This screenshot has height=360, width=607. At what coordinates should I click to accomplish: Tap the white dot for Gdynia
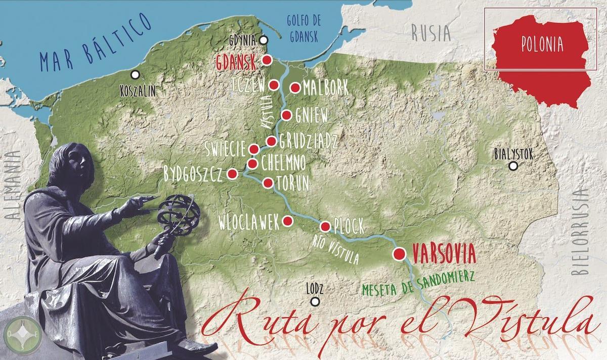point(263,40)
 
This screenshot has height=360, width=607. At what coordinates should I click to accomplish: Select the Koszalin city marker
point(135,75)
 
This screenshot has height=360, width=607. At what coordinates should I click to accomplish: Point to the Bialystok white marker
point(513,166)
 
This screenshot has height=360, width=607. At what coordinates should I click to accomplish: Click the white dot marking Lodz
point(315,302)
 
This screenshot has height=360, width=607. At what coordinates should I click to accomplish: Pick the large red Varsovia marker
point(400,253)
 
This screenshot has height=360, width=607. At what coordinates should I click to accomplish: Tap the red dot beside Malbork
point(295,88)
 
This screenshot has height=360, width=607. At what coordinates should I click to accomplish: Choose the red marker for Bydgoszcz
point(232,173)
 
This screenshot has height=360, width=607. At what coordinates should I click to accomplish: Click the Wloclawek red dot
point(287,220)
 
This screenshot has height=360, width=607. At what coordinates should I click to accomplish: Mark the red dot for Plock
point(325,226)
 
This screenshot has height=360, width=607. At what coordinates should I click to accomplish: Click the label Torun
point(292,185)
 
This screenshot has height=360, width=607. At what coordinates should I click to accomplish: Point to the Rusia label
point(430,33)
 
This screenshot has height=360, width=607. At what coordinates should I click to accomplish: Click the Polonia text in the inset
point(542,44)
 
